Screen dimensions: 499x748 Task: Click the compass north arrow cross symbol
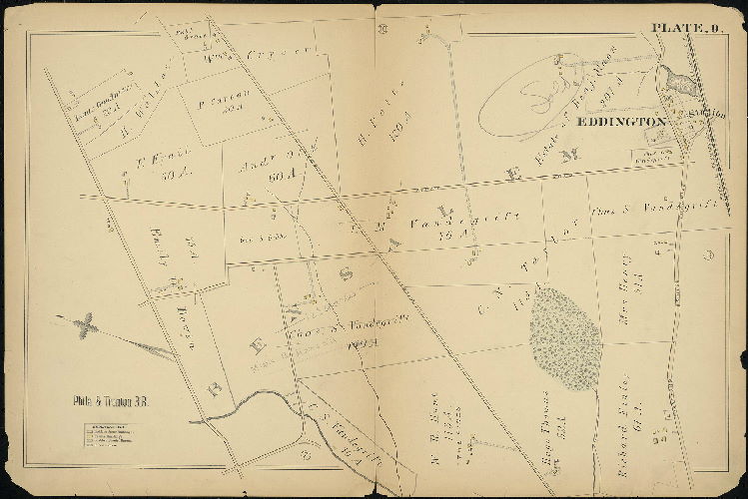pos(88,323)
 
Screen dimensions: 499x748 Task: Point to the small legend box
pos(109,440)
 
